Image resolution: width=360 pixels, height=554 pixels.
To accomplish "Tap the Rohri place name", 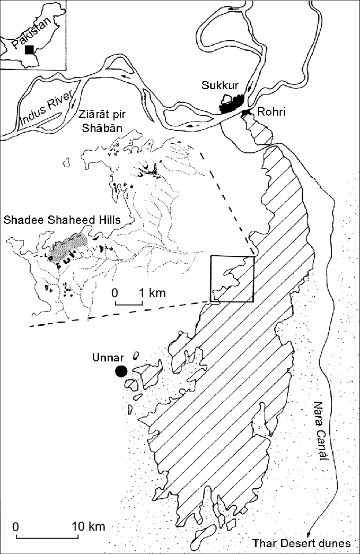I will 270,112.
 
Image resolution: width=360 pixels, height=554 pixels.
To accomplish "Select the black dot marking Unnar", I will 122,371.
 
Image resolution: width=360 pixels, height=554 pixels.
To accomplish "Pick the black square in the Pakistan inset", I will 30,49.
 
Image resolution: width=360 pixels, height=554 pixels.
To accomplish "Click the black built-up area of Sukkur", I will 232,104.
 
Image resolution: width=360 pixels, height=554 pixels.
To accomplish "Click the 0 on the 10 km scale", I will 15,526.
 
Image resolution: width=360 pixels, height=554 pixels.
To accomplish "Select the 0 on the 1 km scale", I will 115,292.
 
